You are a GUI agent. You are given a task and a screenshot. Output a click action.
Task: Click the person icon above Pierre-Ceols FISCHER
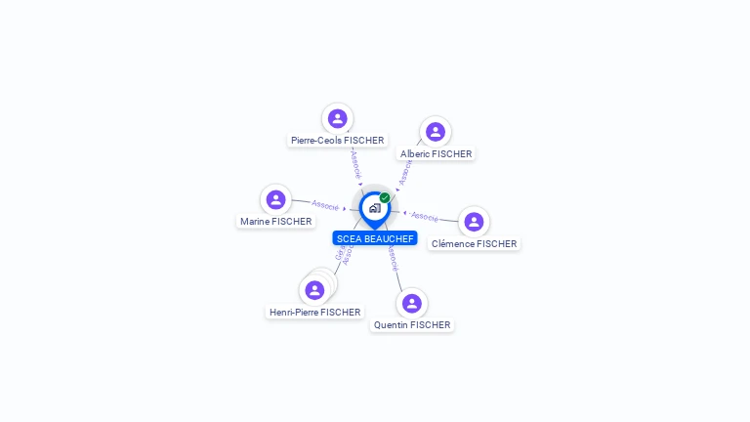pyautogui.click(x=338, y=118)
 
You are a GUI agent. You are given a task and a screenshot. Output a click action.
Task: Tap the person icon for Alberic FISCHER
pyautogui.click(x=436, y=132)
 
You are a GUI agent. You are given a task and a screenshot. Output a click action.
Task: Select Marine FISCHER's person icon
pyautogui.click(x=276, y=199)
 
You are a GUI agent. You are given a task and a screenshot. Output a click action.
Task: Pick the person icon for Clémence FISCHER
pyautogui.click(x=474, y=222)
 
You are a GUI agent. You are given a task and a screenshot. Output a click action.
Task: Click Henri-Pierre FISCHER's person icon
pyautogui.click(x=314, y=290)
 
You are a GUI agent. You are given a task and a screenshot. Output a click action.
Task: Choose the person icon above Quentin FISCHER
pyautogui.click(x=412, y=303)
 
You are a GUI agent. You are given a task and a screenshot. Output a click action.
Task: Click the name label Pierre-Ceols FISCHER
pyautogui.click(x=338, y=141)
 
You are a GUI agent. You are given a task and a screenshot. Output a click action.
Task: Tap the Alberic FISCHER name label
pyautogui.click(x=436, y=154)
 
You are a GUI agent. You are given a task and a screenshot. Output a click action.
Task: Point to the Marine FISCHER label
pyautogui.click(x=276, y=222)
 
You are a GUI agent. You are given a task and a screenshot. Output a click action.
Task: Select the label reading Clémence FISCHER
pyautogui.click(x=474, y=244)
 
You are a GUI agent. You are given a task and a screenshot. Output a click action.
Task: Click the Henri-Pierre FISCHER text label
pyautogui.click(x=314, y=313)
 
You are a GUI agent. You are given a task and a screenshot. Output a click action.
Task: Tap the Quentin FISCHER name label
pyautogui.click(x=412, y=325)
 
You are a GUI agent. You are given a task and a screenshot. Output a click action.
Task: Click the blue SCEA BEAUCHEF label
pyautogui.click(x=375, y=238)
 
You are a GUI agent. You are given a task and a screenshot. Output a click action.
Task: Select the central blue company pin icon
pyautogui.click(x=374, y=208)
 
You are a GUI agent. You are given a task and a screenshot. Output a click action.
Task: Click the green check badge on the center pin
pyautogui.click(x=385, y=197)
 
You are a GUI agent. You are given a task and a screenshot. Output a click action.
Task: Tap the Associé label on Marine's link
pyautogui.click(x=325, y=205)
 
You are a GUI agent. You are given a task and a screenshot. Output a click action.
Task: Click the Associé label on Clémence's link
pyautogui.click(x=425, y=216)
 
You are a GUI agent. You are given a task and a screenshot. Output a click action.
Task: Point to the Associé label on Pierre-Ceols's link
pyautogui.click(x=355, y=162)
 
